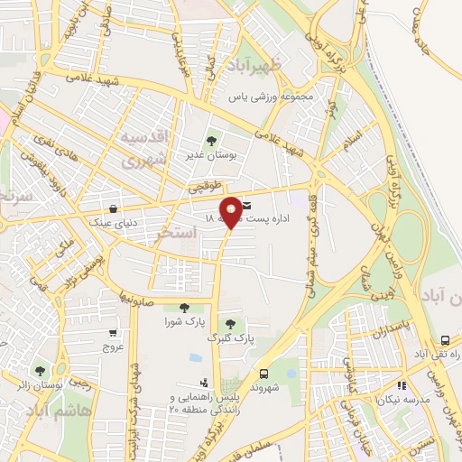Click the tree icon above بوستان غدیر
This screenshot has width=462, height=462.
(x=211, y=141)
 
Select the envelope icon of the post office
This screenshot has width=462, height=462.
(x=245, y=208)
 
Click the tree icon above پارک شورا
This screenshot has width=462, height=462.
(x=184, y=308)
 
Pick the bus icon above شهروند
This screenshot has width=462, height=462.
(x=263, y=373)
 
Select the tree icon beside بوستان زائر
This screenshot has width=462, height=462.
(x=38, y=370)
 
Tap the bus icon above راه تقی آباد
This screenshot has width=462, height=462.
(x=444, y=340)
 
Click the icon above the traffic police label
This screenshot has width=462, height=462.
(x=204, y=383)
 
